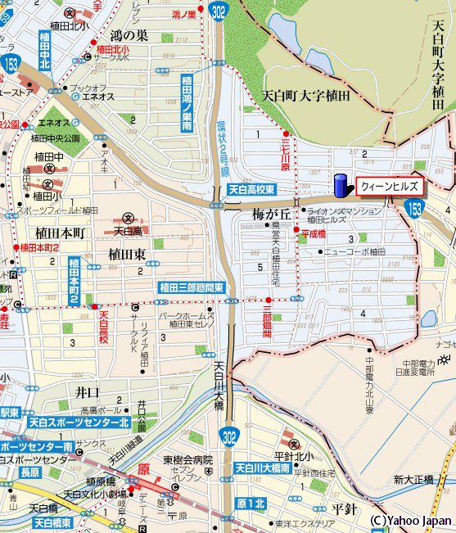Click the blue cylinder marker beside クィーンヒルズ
(x=341, y=185)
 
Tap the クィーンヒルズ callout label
(x=389, y=187)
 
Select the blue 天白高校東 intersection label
(x=251, y=190)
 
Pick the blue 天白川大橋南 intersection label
(x=263, y=468)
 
